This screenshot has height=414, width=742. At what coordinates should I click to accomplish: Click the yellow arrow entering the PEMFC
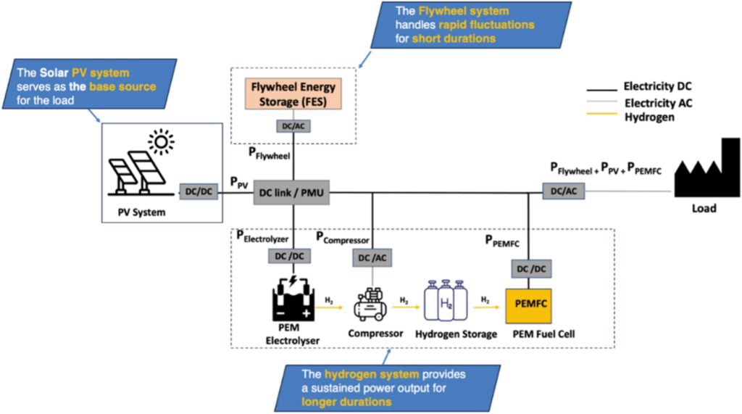coord(487,306)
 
